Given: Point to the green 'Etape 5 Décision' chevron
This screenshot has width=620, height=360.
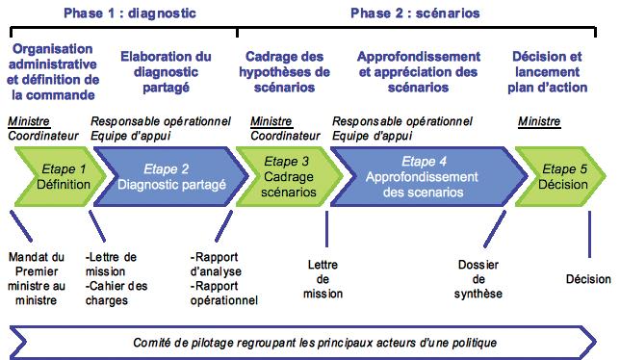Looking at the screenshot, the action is (557, 176).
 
